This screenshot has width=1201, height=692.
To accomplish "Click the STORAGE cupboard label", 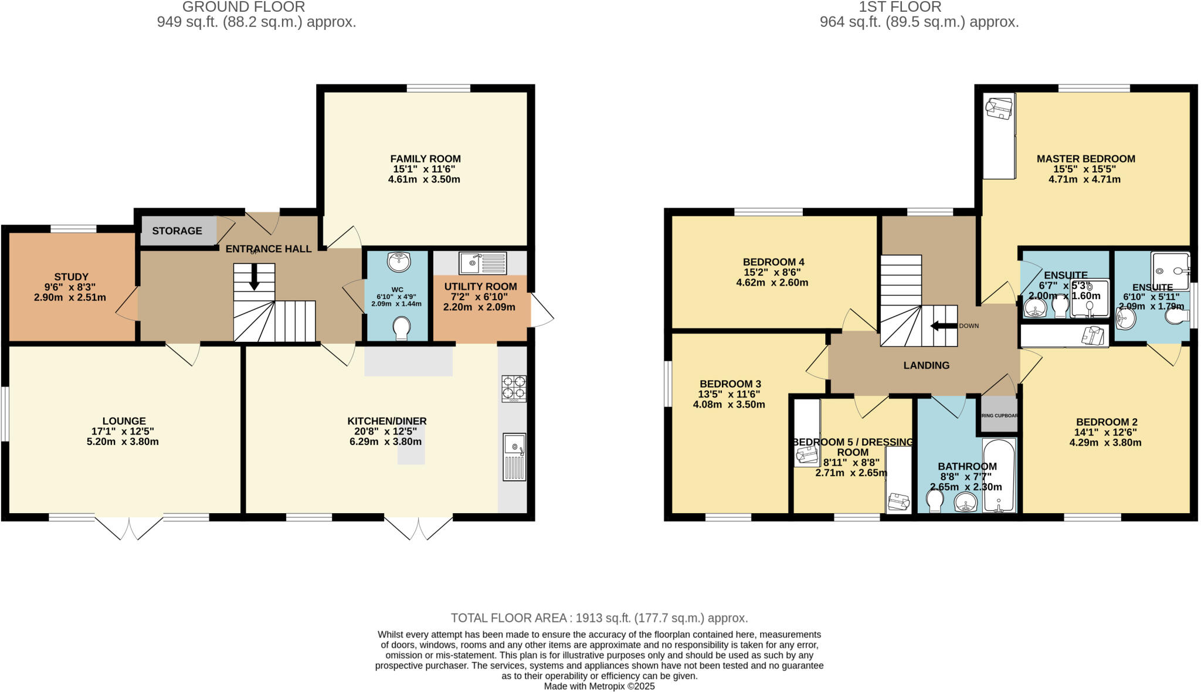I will [x=177, y=231].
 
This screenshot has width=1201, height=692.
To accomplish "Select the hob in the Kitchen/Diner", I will [x=514, y=388].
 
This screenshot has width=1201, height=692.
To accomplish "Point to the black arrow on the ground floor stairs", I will [x=254, y=277].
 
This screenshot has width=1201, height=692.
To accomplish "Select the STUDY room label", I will [x=71, y=277].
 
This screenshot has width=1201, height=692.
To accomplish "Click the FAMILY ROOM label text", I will [x=425, y=159].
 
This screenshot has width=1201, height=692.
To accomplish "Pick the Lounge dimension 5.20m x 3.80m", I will [x=123, y=442].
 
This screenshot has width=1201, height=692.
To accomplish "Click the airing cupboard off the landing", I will [x=999, y=415].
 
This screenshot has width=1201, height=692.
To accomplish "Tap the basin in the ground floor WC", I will [x=400, y=262].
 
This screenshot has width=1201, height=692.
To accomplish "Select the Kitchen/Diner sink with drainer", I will [x=514, y=457].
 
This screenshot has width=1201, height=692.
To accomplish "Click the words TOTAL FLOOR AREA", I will [x=508, y=618].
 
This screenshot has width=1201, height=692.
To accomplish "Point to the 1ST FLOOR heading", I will [x=900, y=7].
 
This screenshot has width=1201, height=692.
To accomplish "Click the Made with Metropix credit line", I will [x=599, y=686].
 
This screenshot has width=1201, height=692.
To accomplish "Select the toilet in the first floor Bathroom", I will [x=935, y=501].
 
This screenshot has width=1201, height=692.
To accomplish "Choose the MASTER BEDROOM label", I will [x=1085, y=159].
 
